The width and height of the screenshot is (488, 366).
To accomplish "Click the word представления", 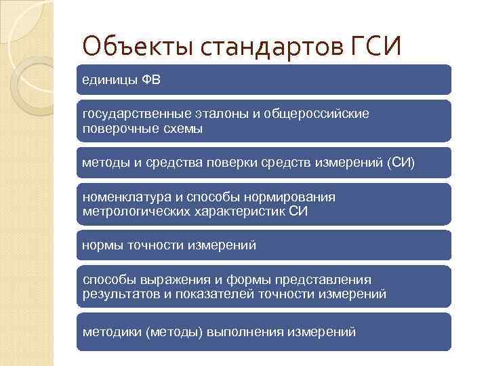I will coord(326,279).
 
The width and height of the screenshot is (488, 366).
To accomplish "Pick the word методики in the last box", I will coord(111,332).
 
